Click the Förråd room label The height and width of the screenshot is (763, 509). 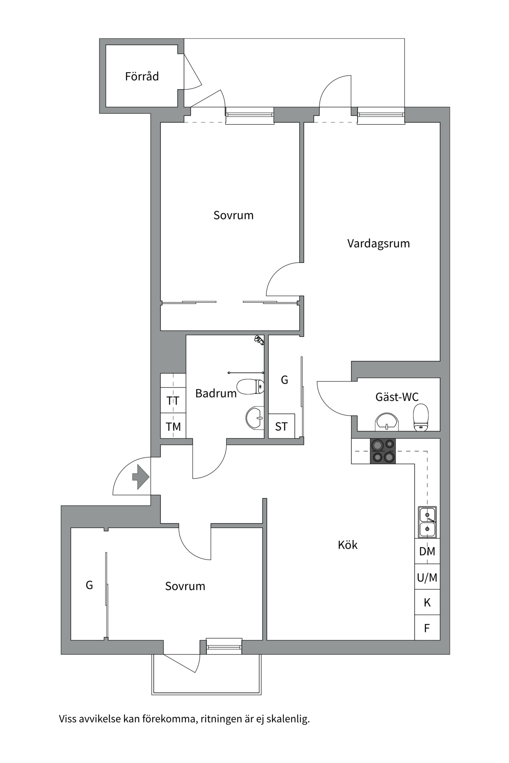point(142,76)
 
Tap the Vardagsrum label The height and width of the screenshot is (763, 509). point(378,243)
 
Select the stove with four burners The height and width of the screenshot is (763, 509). point(383,451)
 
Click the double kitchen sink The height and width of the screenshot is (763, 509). point(427,522)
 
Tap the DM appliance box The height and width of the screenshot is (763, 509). point(427,551)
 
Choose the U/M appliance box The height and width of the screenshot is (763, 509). point(427,577)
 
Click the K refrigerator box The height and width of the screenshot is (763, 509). point(427,602)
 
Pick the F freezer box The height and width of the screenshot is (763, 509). point(427,628)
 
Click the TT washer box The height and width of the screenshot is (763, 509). point(173,401)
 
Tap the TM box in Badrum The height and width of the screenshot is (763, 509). point(173,426)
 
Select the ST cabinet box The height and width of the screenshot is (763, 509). point(282,426)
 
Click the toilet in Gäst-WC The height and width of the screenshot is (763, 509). point(421,417)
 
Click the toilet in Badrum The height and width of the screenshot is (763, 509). point(251,387)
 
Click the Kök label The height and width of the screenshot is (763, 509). point(348,545)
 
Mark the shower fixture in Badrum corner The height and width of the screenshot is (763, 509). point(259,340)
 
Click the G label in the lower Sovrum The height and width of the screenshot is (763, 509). point(89,585)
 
